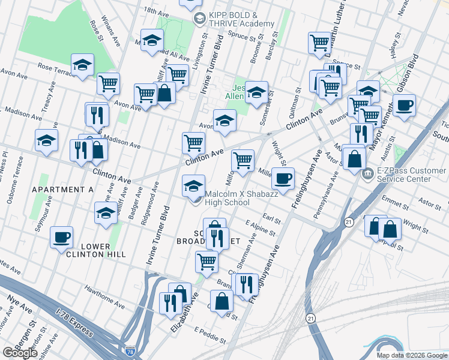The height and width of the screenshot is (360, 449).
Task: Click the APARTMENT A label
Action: (x=63, y=190)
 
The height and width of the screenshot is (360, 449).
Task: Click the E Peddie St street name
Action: (x=209, y=332)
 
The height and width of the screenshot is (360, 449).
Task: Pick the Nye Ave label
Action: (x=19, y=307)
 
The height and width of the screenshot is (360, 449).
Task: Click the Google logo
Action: (x=20, y=353)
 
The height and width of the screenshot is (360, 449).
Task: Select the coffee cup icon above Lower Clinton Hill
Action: (x=61, y=236)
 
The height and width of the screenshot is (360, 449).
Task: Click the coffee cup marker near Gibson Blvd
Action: (x=404, y=104)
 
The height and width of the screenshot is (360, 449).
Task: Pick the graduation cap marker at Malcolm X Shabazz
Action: (x=194, y=185)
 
